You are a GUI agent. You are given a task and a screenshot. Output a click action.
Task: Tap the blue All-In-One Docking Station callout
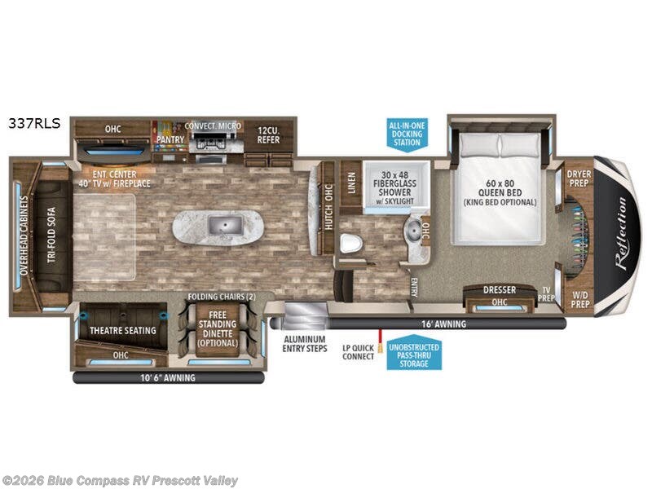(x=407, y=132)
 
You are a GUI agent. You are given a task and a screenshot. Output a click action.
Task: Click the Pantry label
(x=170, y=139)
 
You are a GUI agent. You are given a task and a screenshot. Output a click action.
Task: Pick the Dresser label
(x=500, y=289)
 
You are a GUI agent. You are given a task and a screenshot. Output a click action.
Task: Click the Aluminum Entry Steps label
(x=305, y=344)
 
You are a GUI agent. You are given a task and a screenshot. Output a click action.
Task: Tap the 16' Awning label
(x=445, y=324)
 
